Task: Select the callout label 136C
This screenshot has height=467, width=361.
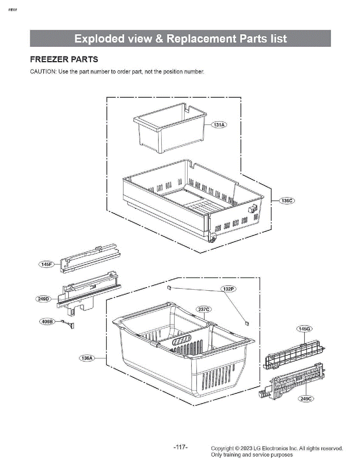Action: (x=287, y=201)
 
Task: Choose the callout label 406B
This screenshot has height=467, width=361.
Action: (x=47, y=321)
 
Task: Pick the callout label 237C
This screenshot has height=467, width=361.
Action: (x=204, y=310)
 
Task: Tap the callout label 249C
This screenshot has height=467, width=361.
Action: (x=306, y=399)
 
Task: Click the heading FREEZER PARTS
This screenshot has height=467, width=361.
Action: (x=64, y=60)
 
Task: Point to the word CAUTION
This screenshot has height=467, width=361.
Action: (x=43, y=72)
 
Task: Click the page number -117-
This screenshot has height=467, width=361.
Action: (x=180, y=448)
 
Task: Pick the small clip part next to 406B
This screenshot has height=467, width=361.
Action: (x=70, y=324)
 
